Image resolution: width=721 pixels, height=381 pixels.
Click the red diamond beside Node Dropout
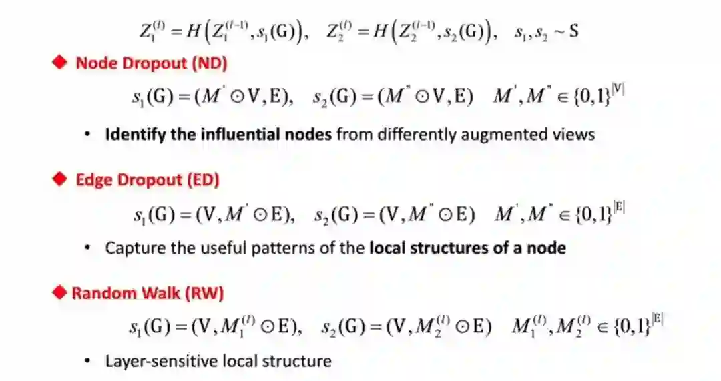[61, 63]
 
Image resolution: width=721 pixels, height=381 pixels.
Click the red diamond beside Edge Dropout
[61, 179]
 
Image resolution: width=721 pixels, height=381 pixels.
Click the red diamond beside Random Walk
[61, 293]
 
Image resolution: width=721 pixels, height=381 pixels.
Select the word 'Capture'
[131, 248]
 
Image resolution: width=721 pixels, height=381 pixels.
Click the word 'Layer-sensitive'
[160, 362]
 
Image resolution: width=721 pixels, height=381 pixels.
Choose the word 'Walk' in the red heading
[154, 294]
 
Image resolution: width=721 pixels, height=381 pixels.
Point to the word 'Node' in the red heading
[94, 64]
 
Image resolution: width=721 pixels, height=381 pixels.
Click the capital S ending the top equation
[573, 32]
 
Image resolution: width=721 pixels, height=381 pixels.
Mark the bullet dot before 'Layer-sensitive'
[87, 362]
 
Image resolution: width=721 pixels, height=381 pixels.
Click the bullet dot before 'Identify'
[87, 134]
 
